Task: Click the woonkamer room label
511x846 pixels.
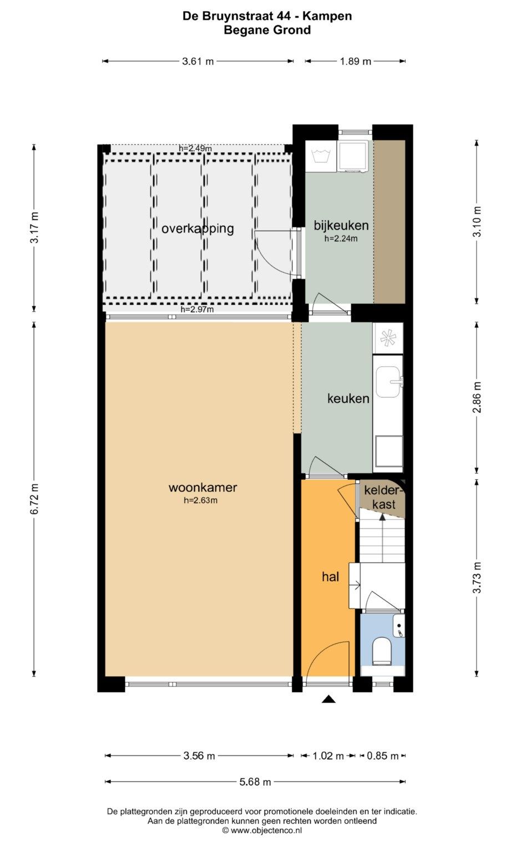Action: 203,487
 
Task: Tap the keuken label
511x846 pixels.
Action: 348,398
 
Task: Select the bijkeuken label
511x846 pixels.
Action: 341,225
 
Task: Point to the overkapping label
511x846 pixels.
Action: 198,229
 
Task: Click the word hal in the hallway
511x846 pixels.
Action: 330,577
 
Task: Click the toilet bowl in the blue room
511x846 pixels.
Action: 381,652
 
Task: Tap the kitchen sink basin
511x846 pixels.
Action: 387,382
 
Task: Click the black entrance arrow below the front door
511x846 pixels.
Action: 328,699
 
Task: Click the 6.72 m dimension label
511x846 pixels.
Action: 34,499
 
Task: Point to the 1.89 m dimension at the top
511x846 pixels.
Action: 355,61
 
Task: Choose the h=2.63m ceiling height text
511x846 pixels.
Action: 200,500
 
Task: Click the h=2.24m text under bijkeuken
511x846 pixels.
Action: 341,238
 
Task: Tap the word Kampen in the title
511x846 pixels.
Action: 327,16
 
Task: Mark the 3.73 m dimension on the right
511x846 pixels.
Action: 477,577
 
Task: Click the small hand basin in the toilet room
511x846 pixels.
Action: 399,626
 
